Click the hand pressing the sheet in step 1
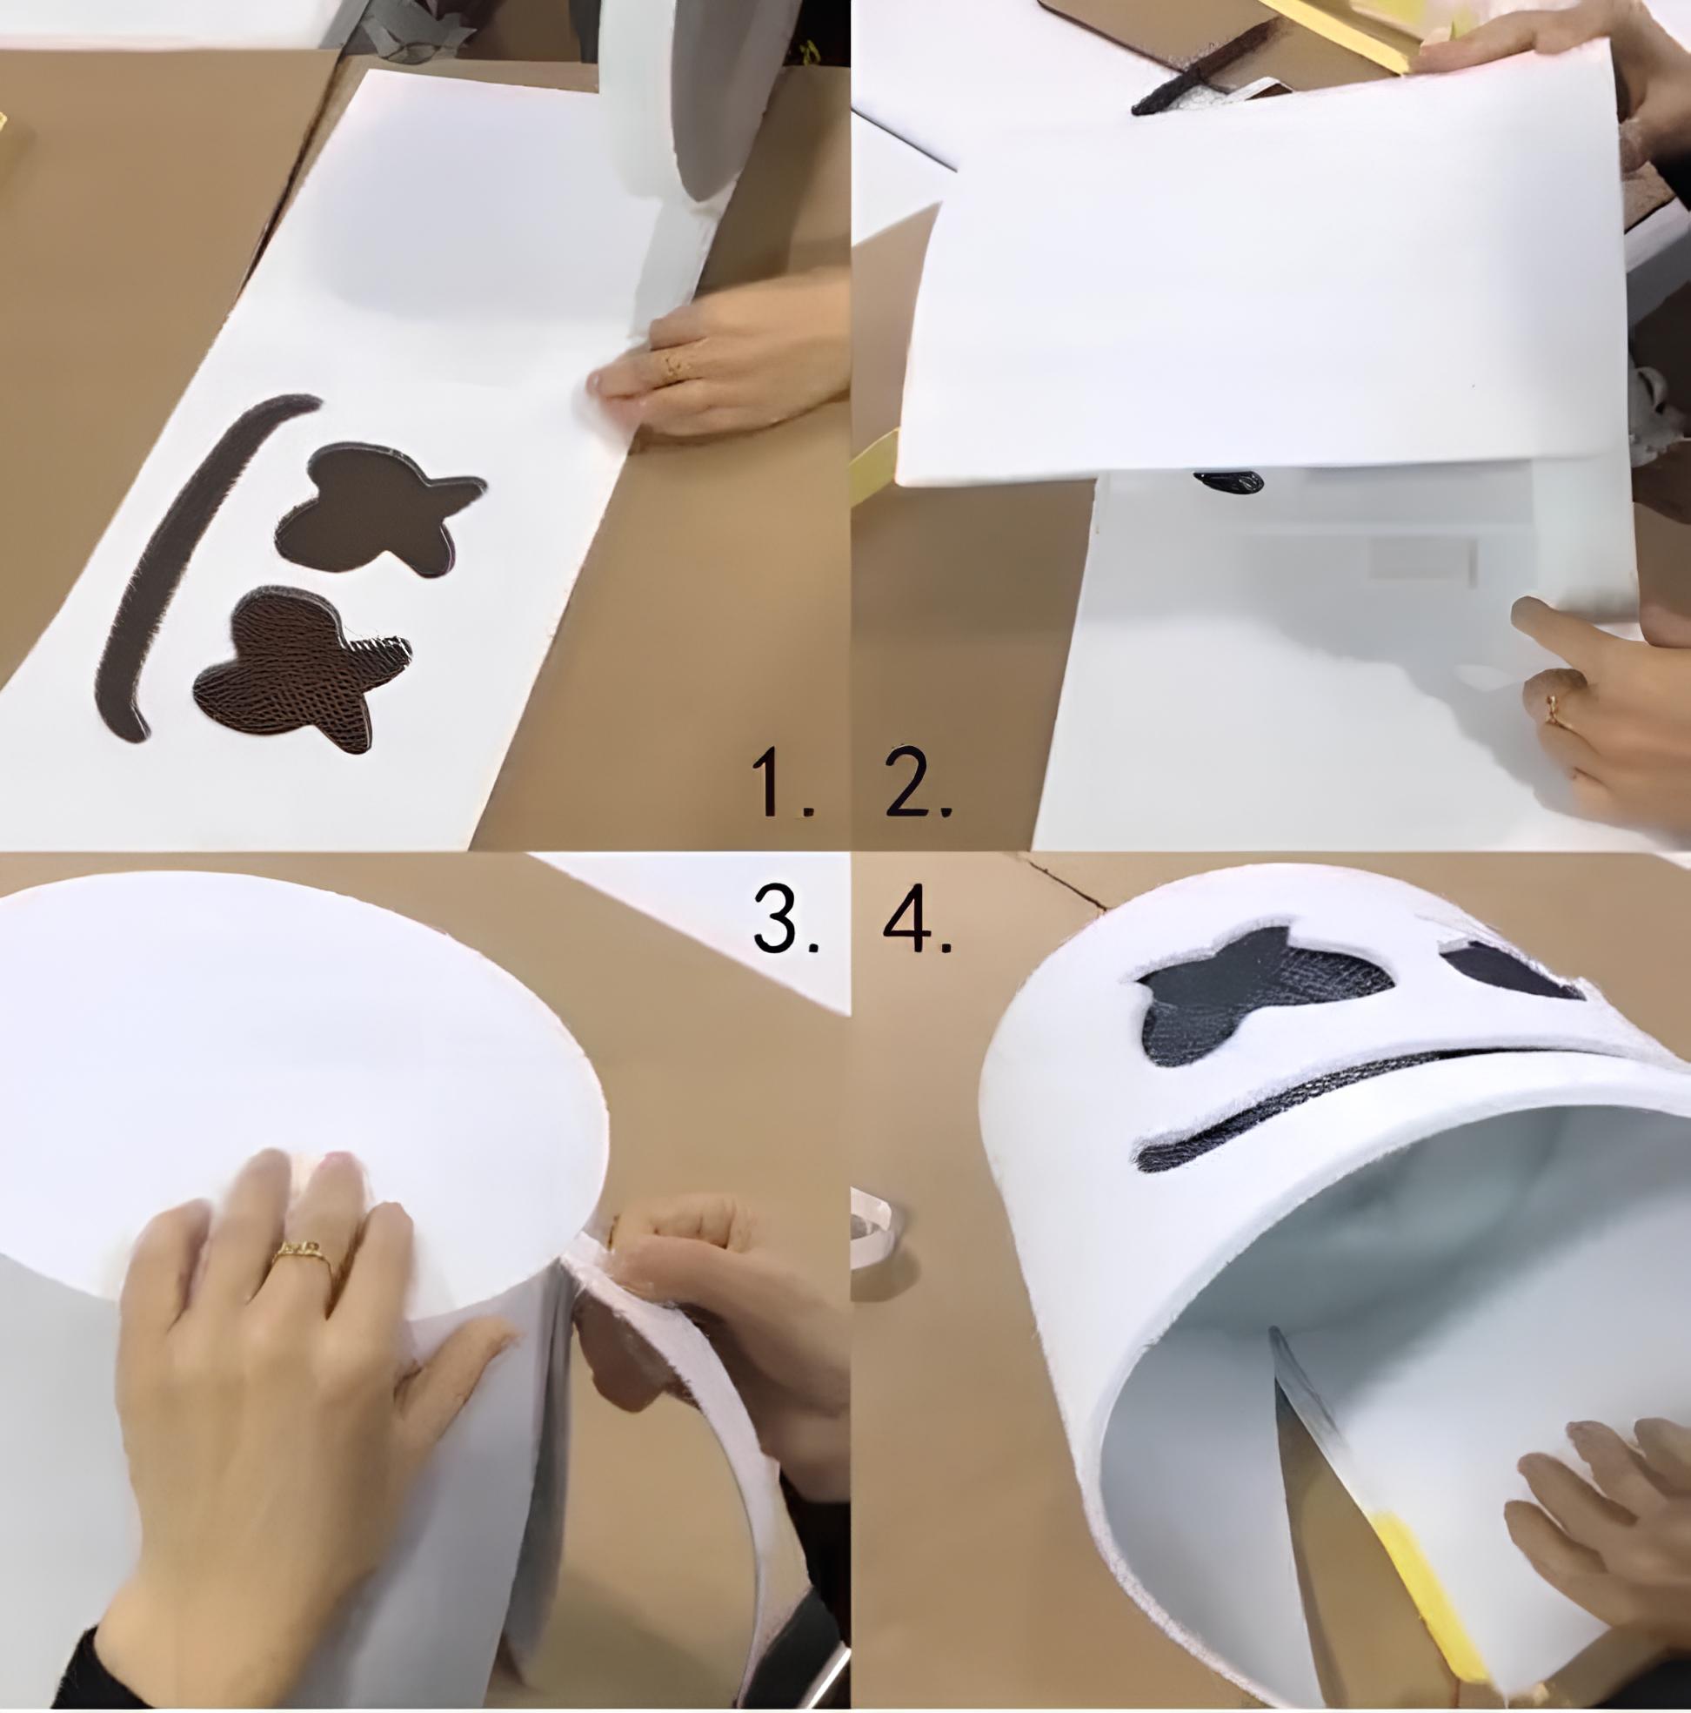point(718,354)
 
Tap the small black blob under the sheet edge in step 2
point(1228,482)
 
